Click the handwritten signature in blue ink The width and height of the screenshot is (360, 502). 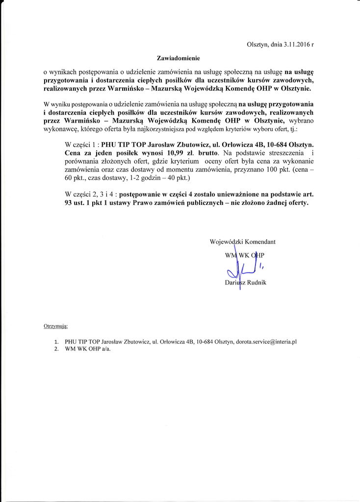coord(241,267)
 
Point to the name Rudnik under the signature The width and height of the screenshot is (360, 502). coord(254,283)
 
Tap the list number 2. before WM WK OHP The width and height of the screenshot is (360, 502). coord(57,350)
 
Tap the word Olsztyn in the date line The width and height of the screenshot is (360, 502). coord(257,44)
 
